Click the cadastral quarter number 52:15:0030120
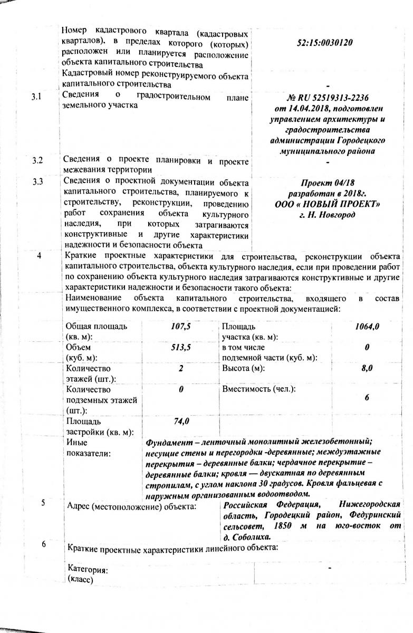tap(325, 42)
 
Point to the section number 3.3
tap(37, 183)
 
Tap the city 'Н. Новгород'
tap(327, 215)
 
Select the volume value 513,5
tap(180, 348)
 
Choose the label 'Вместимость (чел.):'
tap(258, 390)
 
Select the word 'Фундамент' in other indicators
tap(168, 442)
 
